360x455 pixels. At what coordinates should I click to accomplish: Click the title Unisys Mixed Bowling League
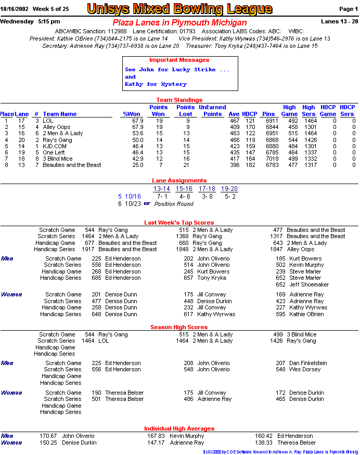click(179, 9)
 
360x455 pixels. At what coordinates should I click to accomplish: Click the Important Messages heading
click(179, 60)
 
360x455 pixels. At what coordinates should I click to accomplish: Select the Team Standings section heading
click(179, 100)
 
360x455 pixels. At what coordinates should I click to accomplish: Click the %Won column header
click(132, 114)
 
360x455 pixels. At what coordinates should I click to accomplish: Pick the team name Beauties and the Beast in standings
click(72, 165)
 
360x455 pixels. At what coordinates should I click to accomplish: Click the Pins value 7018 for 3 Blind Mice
click(268, 159)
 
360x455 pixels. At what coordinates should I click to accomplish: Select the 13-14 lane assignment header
click(162, 189)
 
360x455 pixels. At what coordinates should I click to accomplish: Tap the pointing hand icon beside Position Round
click(147, 204)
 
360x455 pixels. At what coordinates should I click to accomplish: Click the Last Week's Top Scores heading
click(179, 223)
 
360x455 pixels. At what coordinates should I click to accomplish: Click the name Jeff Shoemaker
click(309, 284)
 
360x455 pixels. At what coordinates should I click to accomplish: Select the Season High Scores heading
click(179, 327)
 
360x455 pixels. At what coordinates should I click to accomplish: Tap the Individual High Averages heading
click(179, 428)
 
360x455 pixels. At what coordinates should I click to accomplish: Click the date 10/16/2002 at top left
click(14, 9)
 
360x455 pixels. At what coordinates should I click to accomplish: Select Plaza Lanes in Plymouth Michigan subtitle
click(179, 23)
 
